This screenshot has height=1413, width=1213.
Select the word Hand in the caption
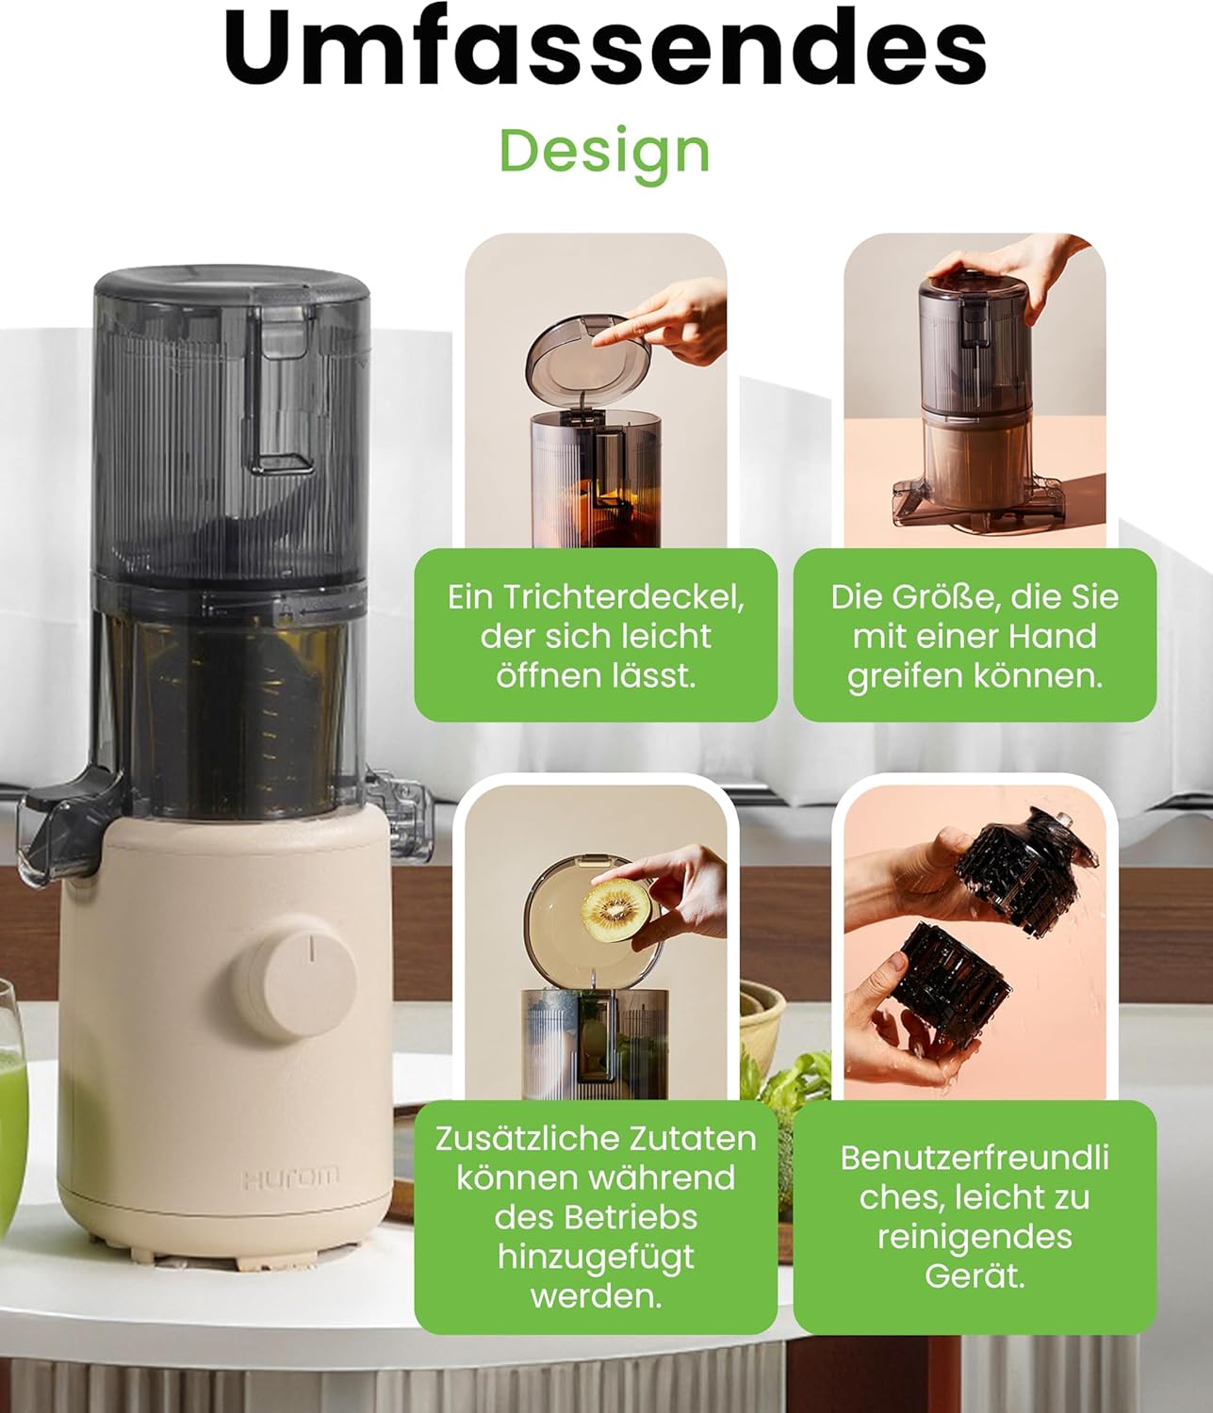point(1055,637)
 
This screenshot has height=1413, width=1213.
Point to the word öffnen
point(548,676)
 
